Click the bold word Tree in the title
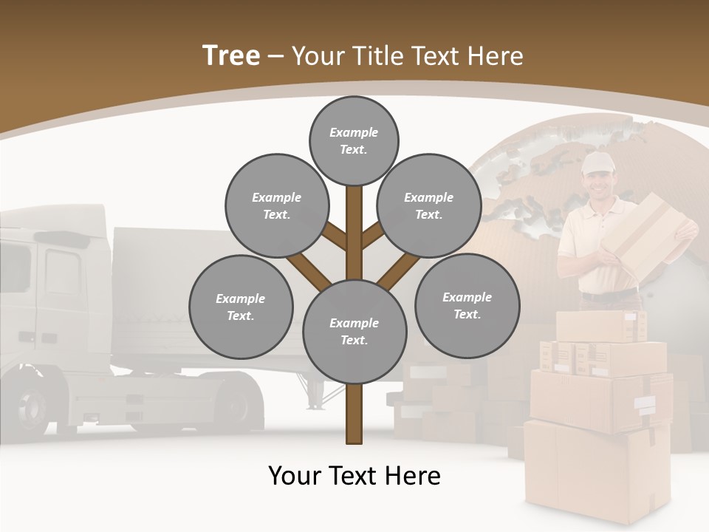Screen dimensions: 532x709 pos(231,55)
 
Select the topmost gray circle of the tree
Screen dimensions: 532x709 pos(354,140)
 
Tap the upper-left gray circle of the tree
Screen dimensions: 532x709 pos(277,206)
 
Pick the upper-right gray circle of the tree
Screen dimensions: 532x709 pos(429,206)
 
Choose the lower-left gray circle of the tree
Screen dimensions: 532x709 pos(241,307)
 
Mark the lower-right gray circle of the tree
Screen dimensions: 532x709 pos(467,306)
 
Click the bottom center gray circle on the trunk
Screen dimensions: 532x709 pos(354,332)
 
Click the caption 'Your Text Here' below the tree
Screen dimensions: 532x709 pos(354,476)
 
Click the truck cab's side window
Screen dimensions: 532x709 pos(62,270)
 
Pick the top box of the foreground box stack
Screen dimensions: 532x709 pos(600,326)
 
